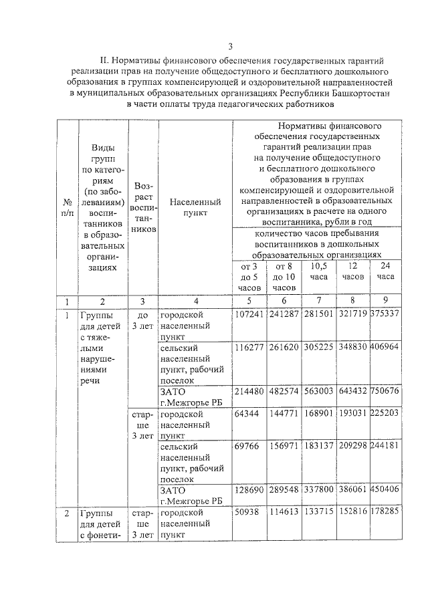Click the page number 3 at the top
(x=230, y=46)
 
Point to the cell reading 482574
(x=284, y=391)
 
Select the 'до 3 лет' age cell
(x=143, y=321)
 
